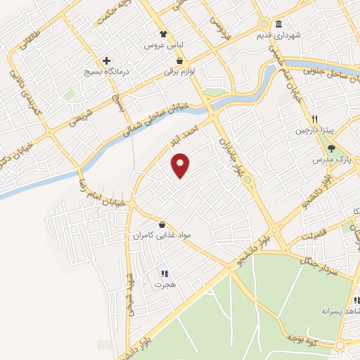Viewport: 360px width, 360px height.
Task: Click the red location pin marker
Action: tap(181, 165)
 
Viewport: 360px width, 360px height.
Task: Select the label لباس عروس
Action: tap(159, 45)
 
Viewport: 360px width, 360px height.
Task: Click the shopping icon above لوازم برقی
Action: tap(181, 61)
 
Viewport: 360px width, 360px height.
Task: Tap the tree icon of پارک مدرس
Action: tap(331, 148)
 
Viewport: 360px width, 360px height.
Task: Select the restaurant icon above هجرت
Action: tap(164, 274)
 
